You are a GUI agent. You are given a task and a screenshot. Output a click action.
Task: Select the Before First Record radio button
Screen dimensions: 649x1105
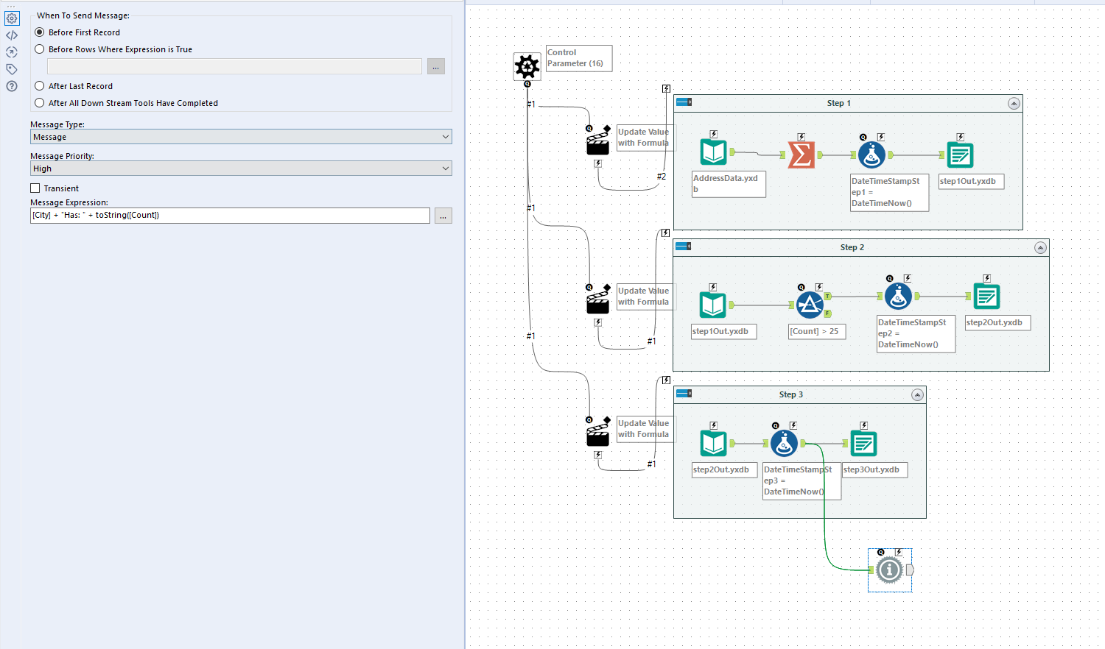tap(40, 32)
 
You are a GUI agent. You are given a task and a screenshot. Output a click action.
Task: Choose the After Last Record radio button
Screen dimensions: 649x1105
tap(40, 86)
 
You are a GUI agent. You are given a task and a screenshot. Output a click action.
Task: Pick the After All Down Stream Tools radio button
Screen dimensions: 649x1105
tap(40, 103)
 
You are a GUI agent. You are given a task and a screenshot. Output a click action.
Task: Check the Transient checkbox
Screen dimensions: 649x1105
tap(35, 188)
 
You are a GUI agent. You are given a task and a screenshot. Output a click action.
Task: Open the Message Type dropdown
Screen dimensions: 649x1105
tap(241, 137)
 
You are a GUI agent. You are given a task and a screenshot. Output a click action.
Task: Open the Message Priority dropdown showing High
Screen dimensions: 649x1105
tap(241, 169)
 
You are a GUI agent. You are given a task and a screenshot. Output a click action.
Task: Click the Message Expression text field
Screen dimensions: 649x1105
tap(230, 216)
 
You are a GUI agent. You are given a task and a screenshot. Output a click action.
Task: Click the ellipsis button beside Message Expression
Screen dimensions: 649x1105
tap(443, 216)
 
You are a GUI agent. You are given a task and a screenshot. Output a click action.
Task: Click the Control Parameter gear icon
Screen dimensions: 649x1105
tap(527, 67)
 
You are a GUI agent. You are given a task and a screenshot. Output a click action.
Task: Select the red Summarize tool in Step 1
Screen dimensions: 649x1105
tap(801, 155)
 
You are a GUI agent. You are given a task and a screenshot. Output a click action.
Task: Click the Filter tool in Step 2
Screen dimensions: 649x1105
tap(810, 305)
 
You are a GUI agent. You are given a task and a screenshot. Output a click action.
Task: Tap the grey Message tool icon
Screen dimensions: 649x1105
tap(889, 570)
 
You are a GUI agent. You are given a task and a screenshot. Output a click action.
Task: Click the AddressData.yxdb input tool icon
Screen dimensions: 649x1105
tap(713, 152)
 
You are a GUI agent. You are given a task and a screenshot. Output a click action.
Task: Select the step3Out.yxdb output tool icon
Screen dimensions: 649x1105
tap(863, 444)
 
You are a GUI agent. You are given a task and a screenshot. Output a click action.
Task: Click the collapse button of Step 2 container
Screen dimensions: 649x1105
tap(1040, 248)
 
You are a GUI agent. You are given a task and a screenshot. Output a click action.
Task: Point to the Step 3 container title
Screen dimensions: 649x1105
tap(791, 394)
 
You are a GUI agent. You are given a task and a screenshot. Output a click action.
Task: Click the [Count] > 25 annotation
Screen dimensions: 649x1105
tap(814, 331)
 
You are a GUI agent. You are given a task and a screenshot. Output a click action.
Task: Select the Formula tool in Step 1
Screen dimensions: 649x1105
tap(872, 155)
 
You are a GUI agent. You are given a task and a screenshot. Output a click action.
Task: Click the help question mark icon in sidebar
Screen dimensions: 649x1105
tap(12, 86)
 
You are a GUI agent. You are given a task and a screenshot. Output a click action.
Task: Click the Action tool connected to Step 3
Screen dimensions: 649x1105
tap(597, 434)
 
